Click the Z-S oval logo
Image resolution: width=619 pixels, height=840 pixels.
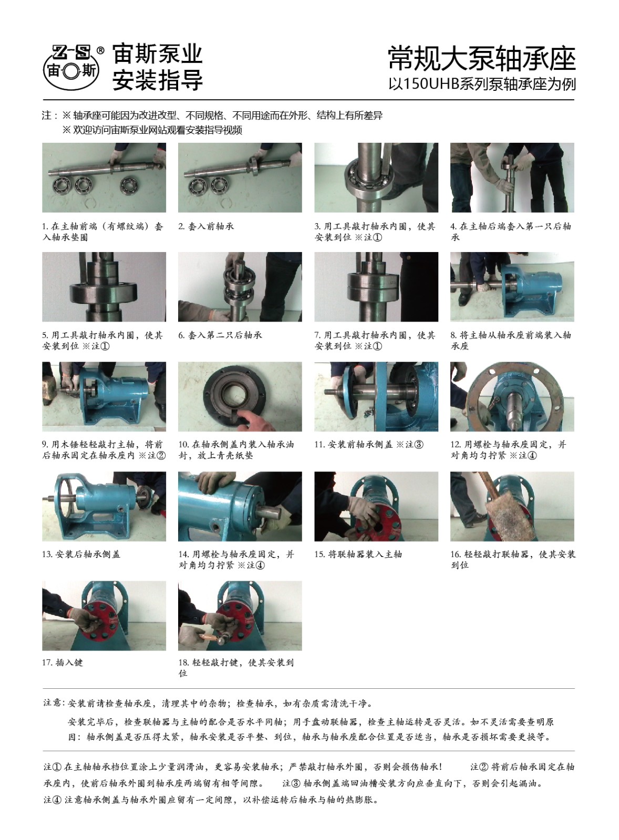coord(71,68)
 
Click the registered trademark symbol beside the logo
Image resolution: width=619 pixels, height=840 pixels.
coord(100,50)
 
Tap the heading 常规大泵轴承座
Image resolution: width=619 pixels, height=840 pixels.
coord(482,58)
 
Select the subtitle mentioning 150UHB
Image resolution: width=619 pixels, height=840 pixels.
coord(482,84)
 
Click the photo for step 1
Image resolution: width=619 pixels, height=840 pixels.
coord(104,177)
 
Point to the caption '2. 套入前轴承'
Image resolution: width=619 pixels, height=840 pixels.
coord(206,226)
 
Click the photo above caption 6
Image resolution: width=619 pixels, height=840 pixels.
coord(240,287)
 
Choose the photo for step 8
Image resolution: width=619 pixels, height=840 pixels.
coord(512,287)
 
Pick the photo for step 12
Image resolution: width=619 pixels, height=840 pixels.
coord(512,396)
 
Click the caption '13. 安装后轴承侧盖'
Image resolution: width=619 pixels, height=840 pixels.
coord(81,554)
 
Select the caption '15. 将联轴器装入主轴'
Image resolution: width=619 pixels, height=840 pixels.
coord(358,554)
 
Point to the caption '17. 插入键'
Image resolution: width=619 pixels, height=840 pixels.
coord(63,662)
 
